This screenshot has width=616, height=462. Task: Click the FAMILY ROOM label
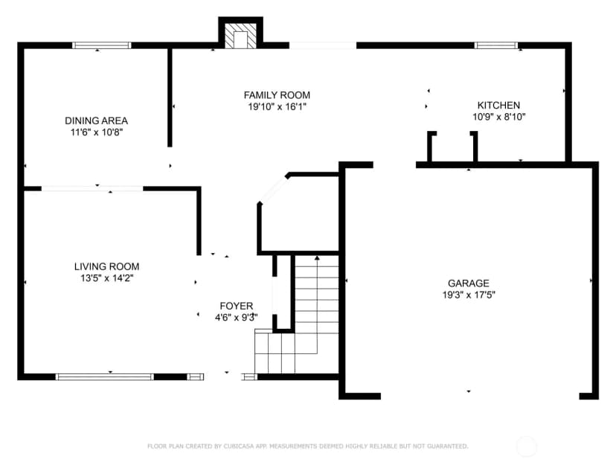point(277,95)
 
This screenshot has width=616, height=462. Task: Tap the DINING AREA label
point(96,121)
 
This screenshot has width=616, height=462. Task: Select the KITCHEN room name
point(498,106)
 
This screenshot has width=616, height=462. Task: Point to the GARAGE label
point(468,283)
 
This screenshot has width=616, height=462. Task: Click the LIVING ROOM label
point(107,266)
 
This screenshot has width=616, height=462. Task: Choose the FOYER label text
point(237,306)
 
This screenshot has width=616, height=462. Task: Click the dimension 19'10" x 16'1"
point(277,106)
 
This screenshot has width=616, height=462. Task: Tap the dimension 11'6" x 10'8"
point(97,132)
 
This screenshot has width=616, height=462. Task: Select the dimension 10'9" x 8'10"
point(499,117)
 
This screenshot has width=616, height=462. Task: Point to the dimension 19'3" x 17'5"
point(469,295)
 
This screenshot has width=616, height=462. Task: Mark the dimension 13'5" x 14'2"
point(107,278)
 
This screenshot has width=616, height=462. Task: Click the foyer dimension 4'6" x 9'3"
point(237,318)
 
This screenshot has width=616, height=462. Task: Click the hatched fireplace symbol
point(240,36)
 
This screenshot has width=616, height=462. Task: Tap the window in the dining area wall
point(102,45)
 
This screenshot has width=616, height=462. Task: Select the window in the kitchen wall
point(496,45)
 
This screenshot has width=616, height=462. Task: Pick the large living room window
point(104,377)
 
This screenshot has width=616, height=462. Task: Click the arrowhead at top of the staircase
point(317,258)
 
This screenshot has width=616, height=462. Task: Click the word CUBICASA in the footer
point(240,446)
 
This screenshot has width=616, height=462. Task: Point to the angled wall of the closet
point(274,190)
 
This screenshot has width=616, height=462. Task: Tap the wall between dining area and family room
point(170,97)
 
